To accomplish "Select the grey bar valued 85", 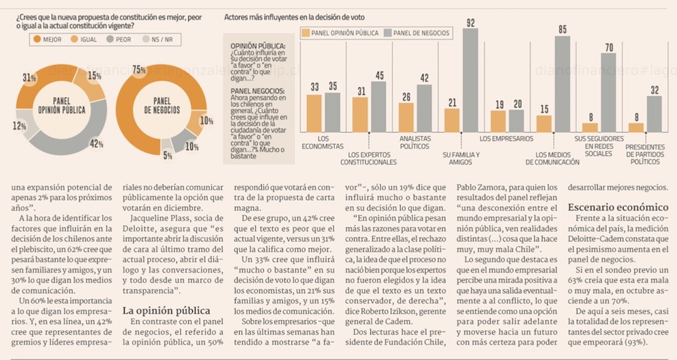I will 562,84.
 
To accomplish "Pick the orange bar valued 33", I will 314,113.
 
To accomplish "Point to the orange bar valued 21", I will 452,120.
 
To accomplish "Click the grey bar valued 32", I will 654,114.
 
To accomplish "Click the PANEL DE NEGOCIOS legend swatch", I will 388,32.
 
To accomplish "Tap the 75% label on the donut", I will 139,70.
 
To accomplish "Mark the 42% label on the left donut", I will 96,143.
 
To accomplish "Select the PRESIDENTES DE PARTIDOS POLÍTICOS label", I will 645,154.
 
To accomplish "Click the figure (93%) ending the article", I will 636,341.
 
